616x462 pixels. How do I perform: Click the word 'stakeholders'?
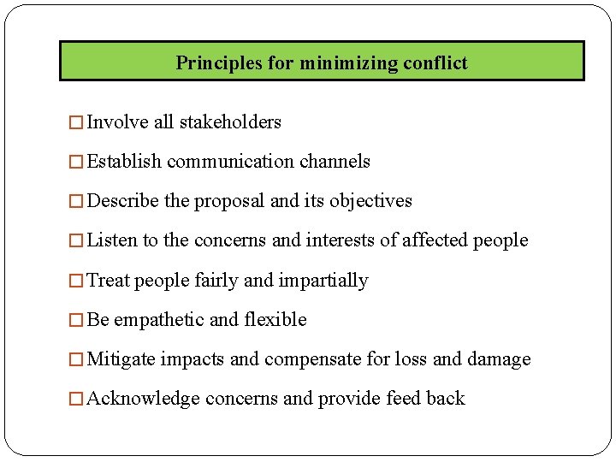pyautogui.click(x=229, y=122)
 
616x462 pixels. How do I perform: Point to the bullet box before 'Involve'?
pyautogui.click(x=78, y=122)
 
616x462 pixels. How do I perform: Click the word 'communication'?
pyautogui.click(x=231, y=162)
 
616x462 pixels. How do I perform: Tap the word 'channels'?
pyautogui.click(x=335, y=162)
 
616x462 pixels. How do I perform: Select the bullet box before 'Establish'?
pyautogui.click(x=78, y=162)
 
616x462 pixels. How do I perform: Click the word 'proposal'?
pyautogui.click(x=229, y=201)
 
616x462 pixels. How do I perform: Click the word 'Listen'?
pyautogui.click(x=112, y=240)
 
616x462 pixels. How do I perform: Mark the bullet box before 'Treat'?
pyautogui.click(x=78, y=281)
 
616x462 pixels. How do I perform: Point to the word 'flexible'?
pyautogui.click(x=275, y=320)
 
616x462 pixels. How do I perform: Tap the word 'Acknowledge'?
pyautogui.click(x=144, y=399)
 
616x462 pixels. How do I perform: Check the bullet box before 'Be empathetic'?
pyautogui.click(x=78, y=320)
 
